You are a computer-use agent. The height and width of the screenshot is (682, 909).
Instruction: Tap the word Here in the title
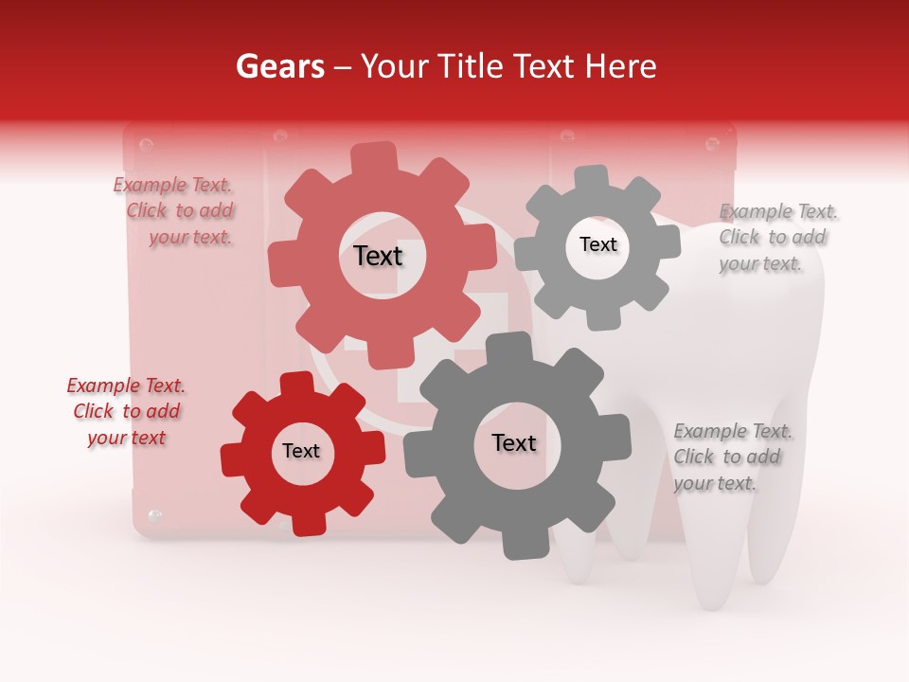620,66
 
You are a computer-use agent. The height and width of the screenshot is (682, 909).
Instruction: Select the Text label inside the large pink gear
378,256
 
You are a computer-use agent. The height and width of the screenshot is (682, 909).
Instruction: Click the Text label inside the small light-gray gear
597,244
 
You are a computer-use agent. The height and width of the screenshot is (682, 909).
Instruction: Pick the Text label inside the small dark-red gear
301,451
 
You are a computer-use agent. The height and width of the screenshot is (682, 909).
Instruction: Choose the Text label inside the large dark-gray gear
513,442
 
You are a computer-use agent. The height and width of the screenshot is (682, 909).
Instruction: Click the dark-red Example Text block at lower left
127,411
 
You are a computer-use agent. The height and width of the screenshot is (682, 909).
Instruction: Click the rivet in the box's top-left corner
146,145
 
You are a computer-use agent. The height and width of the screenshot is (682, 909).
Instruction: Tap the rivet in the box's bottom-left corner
155,516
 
